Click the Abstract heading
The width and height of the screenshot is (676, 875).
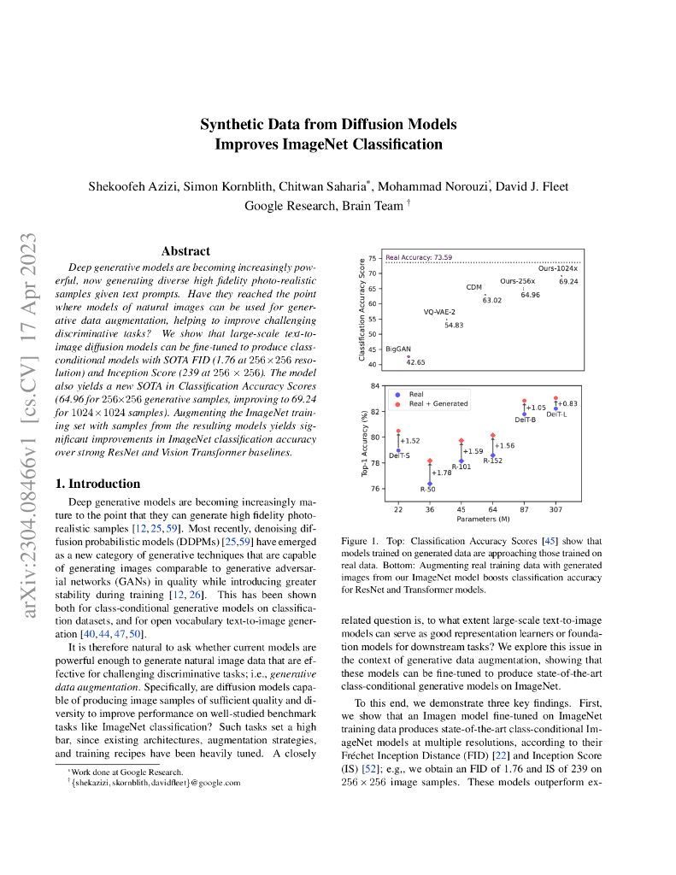point(185,251)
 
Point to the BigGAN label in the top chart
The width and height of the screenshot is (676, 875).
point(397,349)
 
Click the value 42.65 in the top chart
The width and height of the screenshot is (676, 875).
point(416,362)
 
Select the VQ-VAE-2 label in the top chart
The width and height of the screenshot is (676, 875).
point(439,312)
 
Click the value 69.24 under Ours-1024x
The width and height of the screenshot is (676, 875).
point(568,281)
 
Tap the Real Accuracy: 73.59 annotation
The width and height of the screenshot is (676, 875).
point(419,257)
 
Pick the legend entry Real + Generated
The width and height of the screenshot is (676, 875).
point(438,403)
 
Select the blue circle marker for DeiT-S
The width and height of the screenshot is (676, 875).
point(398,450)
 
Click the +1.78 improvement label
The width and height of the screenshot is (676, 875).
point(442,473)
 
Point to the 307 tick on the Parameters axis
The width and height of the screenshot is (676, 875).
point(555,509)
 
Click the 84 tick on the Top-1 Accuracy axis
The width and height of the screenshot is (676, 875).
point(374,386)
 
